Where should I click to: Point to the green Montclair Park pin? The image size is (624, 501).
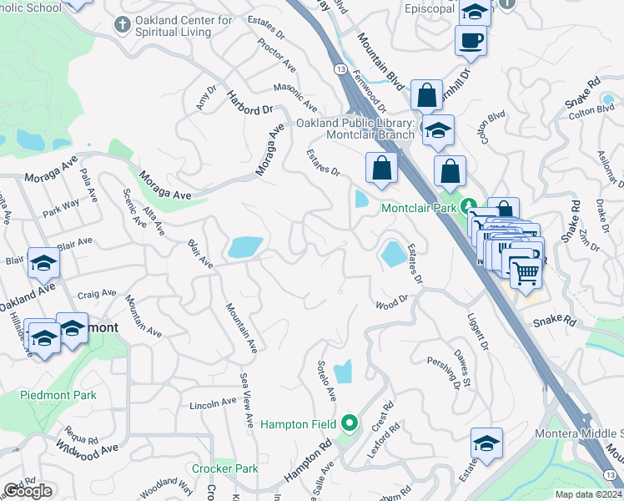click(470, 205)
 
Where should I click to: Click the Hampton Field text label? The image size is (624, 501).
click(298, 424)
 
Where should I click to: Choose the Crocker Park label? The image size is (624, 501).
click(224, 468)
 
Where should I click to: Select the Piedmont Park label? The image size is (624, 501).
click(59, 395)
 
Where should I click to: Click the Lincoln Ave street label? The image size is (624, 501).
click(214, 403)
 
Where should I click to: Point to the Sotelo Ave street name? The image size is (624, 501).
click(325, 380)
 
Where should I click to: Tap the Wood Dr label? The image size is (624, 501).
click(391, 302)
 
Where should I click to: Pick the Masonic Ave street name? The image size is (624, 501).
click(295, 99)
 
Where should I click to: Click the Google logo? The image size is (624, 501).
click(28, 491)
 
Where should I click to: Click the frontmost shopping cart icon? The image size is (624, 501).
click(525, 271)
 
